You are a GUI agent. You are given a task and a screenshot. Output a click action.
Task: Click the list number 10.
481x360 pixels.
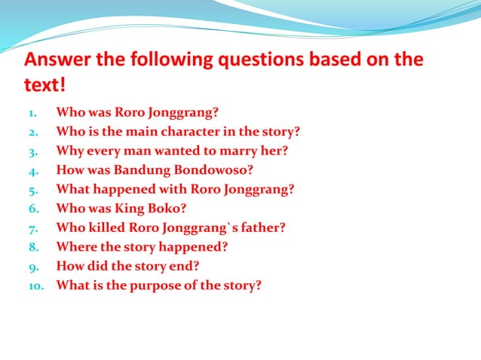(x=38, y=286)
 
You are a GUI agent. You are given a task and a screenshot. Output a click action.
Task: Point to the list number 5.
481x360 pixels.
(x=33, y=189)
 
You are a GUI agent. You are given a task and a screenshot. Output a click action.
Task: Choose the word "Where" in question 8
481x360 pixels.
(x=74, y=247)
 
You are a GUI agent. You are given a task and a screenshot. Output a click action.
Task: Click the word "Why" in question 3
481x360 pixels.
(x=69, y=151)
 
